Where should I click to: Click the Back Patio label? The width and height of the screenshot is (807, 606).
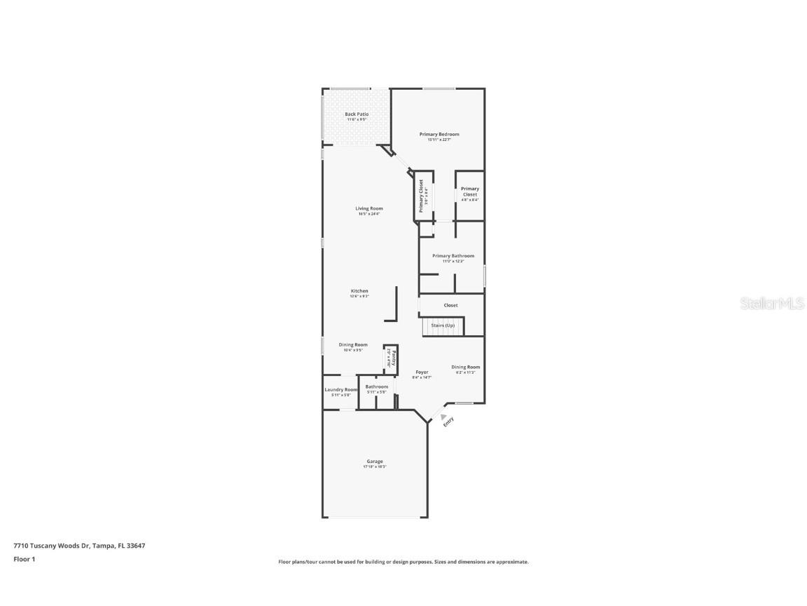[357, 114]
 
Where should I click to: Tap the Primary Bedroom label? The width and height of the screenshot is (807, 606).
[439, 134]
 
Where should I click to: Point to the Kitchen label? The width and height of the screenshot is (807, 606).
[359, 291]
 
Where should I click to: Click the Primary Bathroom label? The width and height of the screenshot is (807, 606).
[453, 256]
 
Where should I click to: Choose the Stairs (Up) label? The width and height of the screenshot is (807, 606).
[443, 325]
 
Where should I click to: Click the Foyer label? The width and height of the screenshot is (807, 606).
[422, 372]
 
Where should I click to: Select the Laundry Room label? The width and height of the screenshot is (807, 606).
[340, 390]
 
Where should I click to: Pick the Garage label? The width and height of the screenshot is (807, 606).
[375, 462]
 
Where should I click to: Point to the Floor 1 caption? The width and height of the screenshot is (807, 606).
[24, 559]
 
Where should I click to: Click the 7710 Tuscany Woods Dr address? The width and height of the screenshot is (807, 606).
[79, 545]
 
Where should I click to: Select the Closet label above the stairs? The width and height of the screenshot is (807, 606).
[450, 305]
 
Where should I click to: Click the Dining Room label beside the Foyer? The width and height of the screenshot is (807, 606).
[466, 368]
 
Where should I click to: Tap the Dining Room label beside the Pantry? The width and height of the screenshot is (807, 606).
[353, 345]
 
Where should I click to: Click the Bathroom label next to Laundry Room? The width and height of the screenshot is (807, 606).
[376, 387]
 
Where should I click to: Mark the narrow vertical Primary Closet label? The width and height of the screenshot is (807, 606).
[422, 196]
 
